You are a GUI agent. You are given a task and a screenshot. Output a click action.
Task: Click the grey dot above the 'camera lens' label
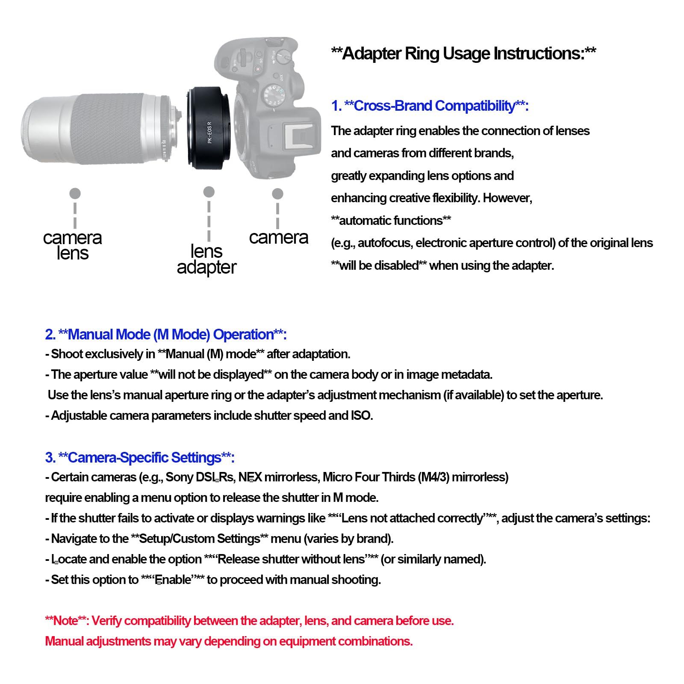[x=75, y=194]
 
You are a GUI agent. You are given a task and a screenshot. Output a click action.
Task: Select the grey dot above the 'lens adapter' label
[x=209, y=192]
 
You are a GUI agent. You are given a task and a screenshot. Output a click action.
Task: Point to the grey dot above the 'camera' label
[x=277, y=194]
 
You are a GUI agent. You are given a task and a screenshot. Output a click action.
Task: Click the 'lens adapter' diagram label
[x=206, y=259]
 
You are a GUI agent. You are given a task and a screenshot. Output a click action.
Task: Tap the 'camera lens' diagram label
[x=73, y=245]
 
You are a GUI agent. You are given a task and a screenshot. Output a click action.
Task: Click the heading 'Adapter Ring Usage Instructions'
[x=463, y=54]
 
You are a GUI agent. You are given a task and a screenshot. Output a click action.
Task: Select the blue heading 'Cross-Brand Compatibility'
[x=434, y=106]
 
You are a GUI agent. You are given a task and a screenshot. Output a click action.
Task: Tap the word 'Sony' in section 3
[x=180, y=477]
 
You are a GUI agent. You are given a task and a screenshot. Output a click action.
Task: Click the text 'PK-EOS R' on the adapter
[x=210, y=132]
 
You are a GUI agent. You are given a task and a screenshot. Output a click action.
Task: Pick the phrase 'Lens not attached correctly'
[x=412, y=518]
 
